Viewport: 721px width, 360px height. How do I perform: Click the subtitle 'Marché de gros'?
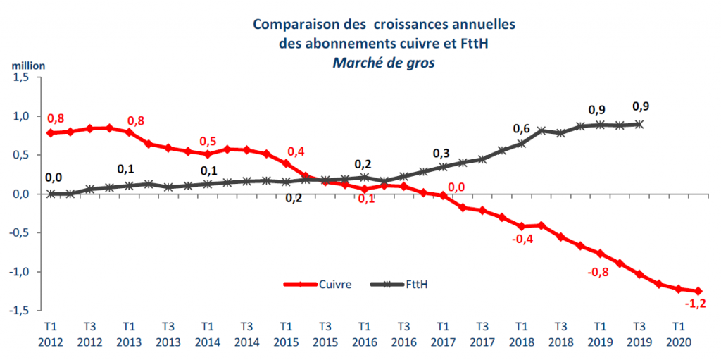tap(384, 62)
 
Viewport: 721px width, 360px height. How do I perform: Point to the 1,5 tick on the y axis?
tap(21, 77)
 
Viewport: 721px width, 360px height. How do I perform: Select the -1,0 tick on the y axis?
tap(20, 272)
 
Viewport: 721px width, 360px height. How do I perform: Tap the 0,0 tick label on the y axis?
tap(21, 194)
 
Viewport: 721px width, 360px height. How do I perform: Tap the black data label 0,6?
tap(521, 128)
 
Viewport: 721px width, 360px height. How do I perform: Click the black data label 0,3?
tap(441, 153)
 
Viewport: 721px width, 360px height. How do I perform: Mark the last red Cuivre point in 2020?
tap(698, 291)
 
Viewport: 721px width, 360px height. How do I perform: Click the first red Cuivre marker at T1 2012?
tap(51, 133)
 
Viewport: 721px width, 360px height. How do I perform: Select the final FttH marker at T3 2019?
tap(639, 124)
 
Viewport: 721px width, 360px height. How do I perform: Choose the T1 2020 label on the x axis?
tap(677, 334)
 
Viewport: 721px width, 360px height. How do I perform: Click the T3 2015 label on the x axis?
tap(325, 334)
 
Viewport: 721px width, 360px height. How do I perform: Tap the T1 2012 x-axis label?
tap(51, 334)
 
